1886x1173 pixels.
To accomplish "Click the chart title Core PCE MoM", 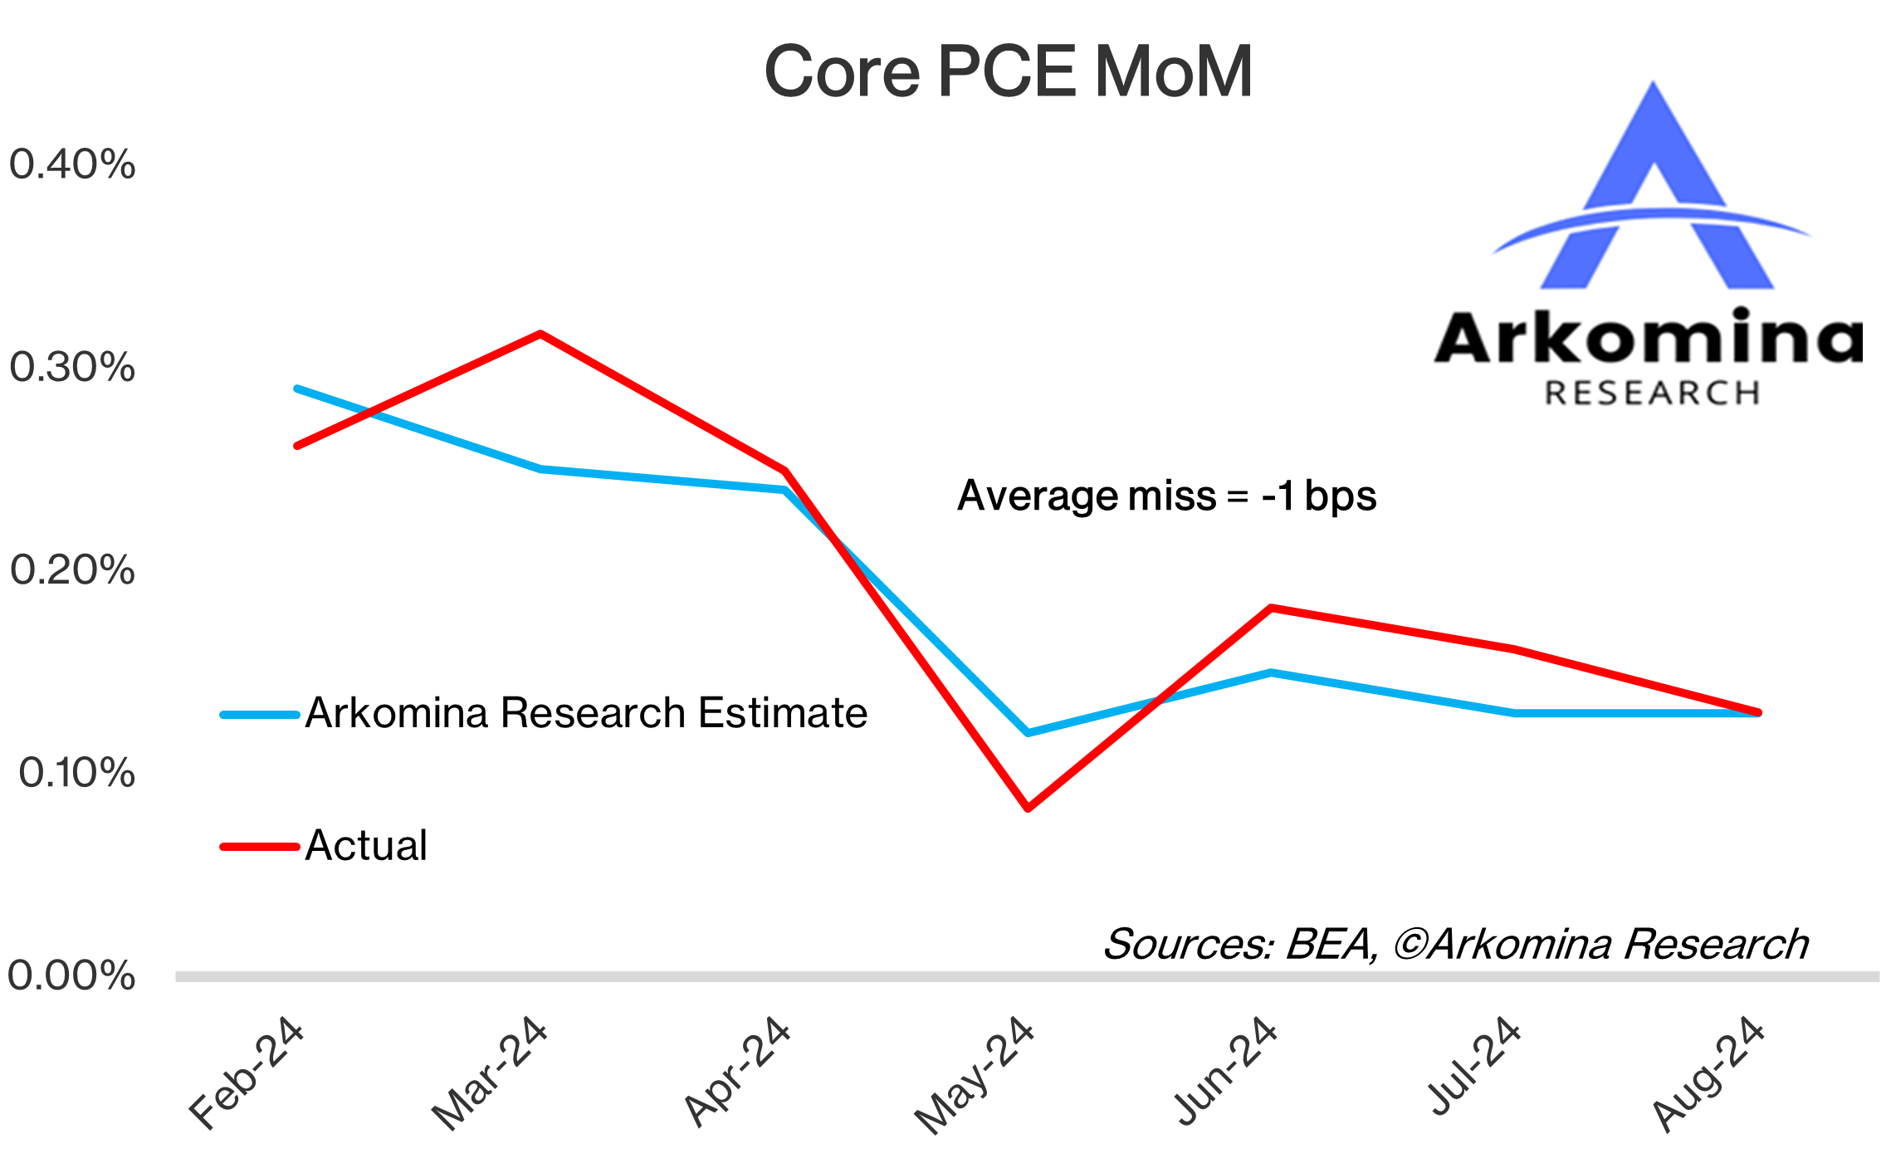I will click(x=1007, y=72).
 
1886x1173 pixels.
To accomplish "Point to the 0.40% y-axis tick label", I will click(x=71, y=164).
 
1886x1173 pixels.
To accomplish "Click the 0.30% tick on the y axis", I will click(x=71, y=367).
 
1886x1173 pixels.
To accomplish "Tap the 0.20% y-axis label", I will click(x=71, y=570).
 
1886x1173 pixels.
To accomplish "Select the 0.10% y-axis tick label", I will click(x=76, y=773).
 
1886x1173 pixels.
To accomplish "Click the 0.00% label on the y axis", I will click(x=71, y=975).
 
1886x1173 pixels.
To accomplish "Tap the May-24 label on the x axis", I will click(x=975, y=1075).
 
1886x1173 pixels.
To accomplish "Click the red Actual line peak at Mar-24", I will click(x=540, y=334).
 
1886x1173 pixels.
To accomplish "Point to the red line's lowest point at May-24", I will click(x=1028, y=808).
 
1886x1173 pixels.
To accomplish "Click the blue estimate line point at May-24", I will click(x=1028, y=733).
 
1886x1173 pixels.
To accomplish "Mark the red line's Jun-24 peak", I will click(x=1271, y=608).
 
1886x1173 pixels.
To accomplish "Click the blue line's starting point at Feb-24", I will click(x=297, y=389).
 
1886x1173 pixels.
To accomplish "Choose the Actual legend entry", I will click(x=365, y=846).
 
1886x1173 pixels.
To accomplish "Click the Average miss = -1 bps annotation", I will click(x=1166, y=496).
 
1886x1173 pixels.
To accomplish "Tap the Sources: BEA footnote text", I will click(x=1454, y=944).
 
